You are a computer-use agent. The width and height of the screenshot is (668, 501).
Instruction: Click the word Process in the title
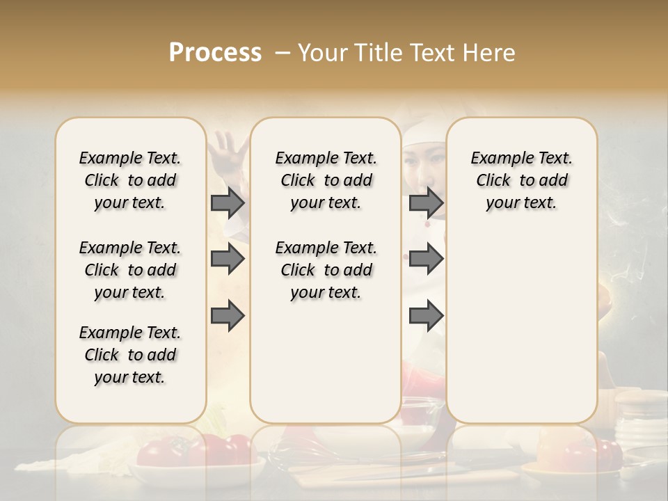click(x=215, y=53)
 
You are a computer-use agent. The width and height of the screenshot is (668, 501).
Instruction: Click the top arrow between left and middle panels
click(x=228, y=202)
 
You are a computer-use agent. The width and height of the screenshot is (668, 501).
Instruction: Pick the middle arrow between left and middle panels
click(x=228, y=260)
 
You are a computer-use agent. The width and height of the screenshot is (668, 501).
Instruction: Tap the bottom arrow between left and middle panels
click(x=228, y=316)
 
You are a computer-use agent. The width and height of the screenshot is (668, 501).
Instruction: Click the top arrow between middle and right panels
click(x=426, y=202)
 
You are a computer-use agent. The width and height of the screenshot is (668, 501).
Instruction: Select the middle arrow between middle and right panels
click(x=426, y=260)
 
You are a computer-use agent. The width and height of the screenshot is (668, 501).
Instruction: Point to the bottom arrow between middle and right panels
click(x=426, y=316)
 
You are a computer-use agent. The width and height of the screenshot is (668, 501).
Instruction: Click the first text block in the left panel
click(x=130, y=180)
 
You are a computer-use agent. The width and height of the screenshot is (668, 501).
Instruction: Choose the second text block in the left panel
click(x=130, y=270)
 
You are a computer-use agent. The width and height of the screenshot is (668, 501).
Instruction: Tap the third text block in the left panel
click(x=130, y=355)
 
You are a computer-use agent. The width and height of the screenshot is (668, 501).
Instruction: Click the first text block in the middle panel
click(x=326, y=180)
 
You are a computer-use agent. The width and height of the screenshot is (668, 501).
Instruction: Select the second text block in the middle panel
click(x=326, y=270)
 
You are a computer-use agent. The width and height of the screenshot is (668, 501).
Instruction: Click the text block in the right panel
click(x=521, y=180)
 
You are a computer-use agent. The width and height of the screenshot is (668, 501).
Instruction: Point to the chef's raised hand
click(x=228, y=150)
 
